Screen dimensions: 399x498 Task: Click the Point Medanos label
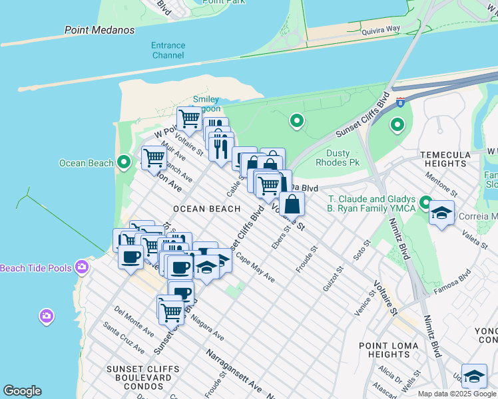click(99, 31)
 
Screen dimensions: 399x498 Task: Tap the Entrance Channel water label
click(168, 51)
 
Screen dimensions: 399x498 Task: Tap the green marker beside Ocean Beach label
click(123, 162)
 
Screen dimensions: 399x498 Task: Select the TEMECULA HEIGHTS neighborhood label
click(453, 159)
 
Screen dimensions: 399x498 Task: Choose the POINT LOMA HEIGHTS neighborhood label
click(389, 350)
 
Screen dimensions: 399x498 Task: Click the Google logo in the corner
click(22, 391)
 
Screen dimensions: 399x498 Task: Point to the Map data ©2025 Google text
click(457, 394)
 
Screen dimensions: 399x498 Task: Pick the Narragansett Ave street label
click(233, 370)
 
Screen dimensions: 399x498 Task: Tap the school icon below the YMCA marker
click(441, 213)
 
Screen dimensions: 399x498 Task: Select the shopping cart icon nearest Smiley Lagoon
click(189, 118)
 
